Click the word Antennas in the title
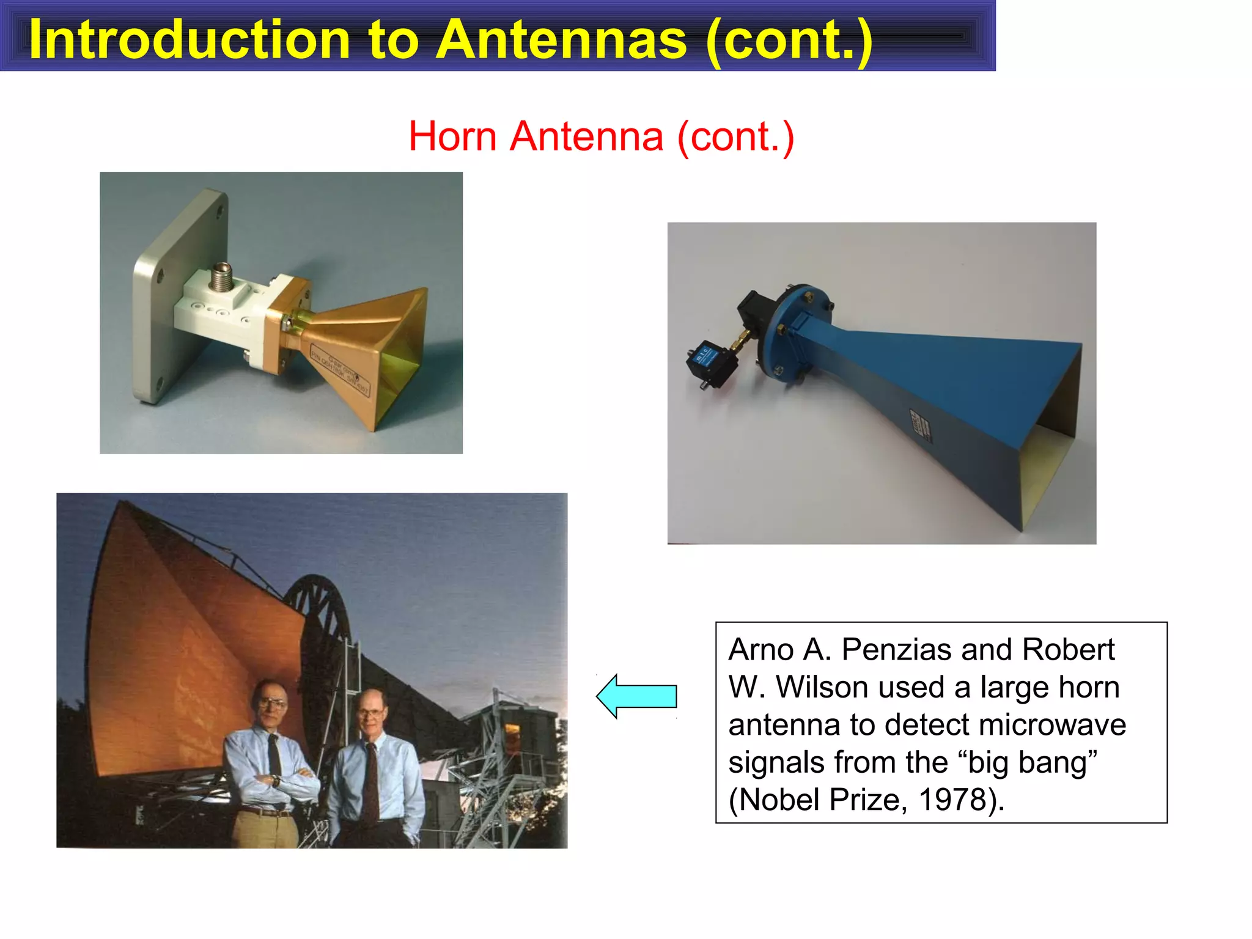click(562, 39)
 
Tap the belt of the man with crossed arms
click(265, 812)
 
